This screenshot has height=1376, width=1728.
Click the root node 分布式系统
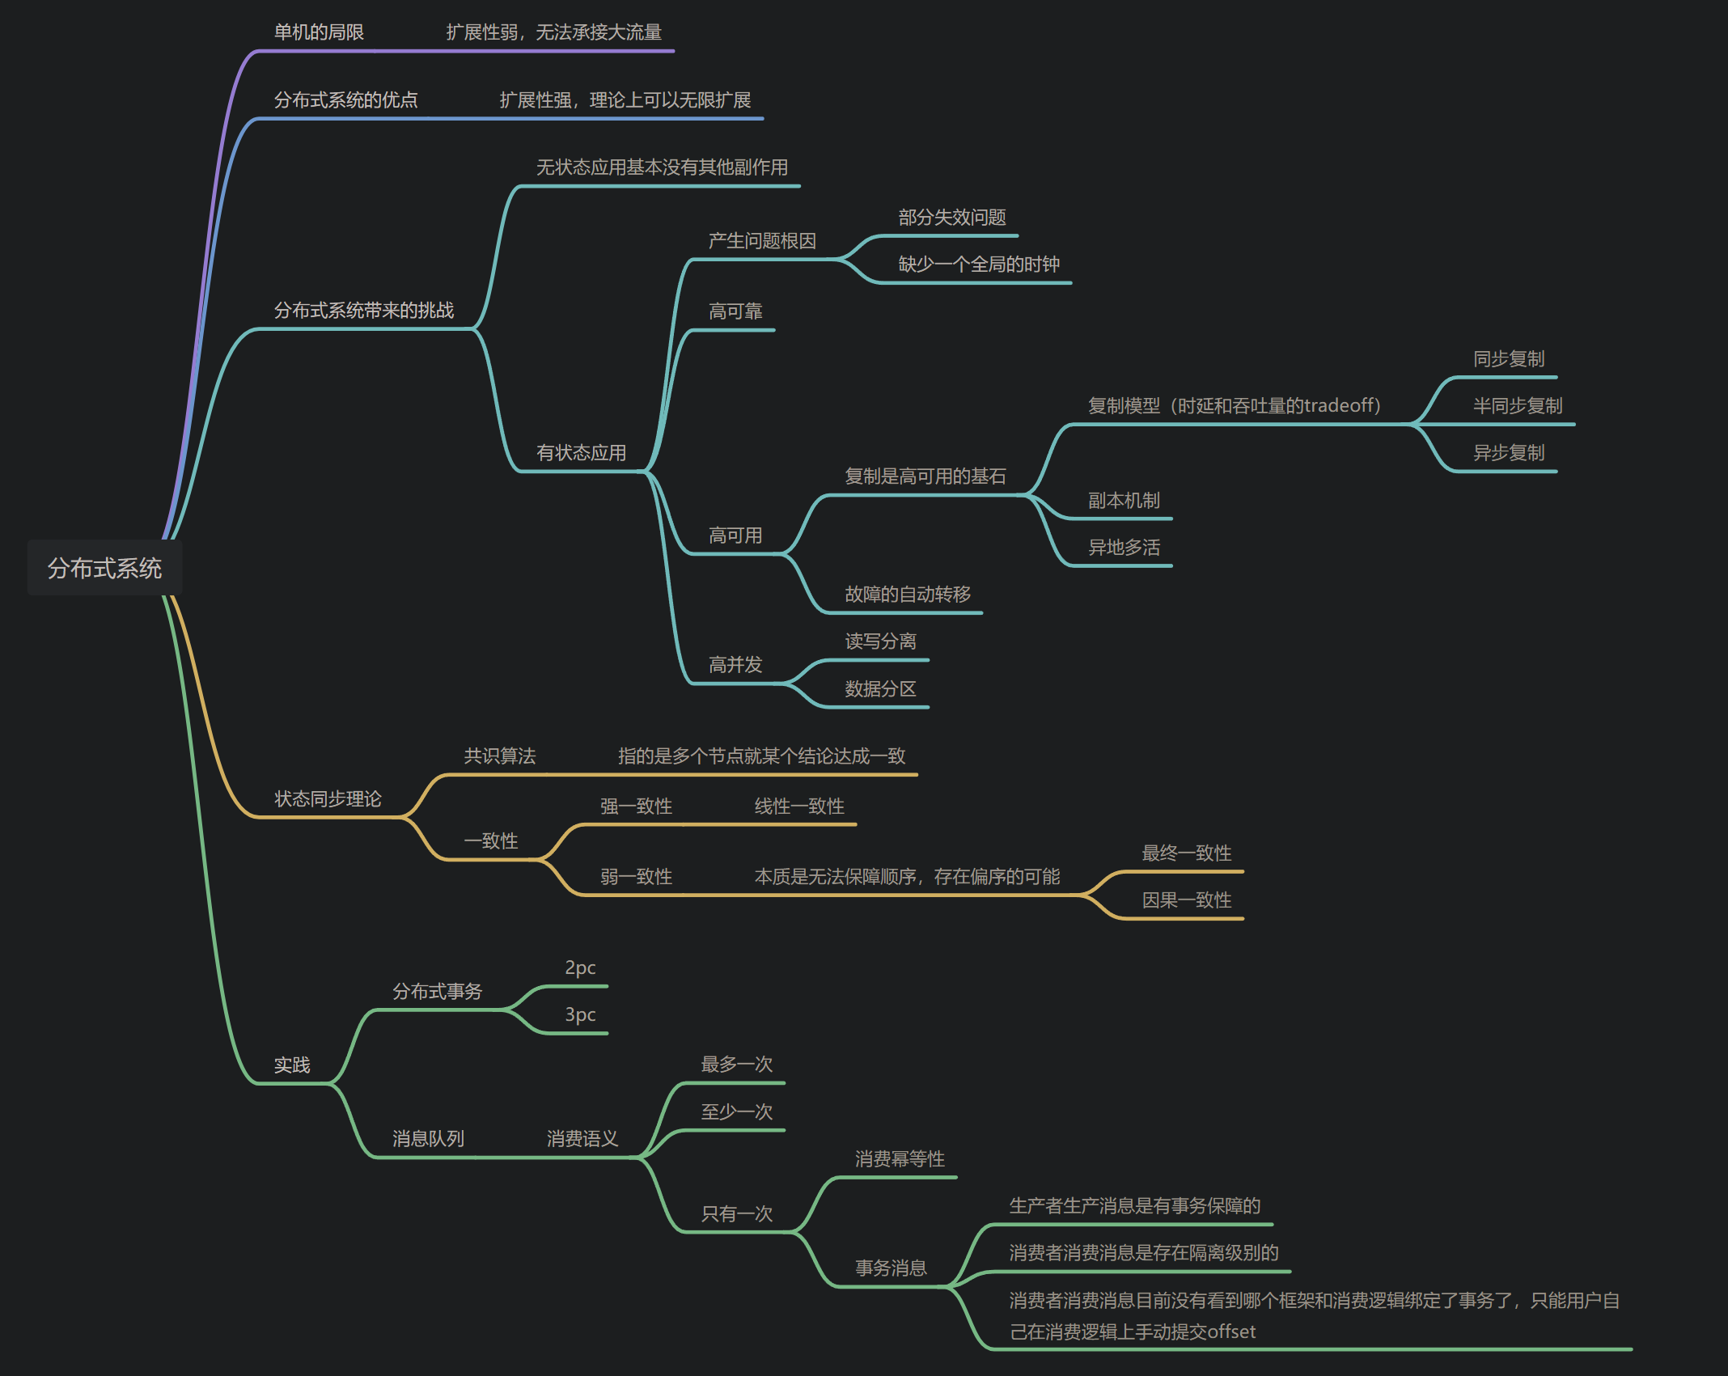104,568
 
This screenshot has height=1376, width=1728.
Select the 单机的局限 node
319,32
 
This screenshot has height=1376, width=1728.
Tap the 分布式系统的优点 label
345,100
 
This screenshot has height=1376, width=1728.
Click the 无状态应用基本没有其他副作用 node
662,167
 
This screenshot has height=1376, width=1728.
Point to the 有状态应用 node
581,453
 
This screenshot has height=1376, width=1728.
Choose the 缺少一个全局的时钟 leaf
979,265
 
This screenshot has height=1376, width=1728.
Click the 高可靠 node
735,311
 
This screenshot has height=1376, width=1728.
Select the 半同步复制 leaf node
1518,406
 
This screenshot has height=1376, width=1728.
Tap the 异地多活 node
1124,548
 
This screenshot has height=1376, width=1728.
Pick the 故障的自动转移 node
908,595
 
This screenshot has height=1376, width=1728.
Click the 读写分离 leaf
880,641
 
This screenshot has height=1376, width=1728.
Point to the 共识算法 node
499,756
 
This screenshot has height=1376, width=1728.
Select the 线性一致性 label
799,807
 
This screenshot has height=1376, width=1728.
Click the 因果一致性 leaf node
1186,900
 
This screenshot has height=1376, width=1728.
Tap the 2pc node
580,968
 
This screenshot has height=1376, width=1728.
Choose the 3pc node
580,1015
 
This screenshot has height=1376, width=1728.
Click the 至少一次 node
736,1112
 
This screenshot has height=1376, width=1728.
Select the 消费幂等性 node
900,1159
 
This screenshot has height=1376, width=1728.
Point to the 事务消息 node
891,1268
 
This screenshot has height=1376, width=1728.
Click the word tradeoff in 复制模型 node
1338,405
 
